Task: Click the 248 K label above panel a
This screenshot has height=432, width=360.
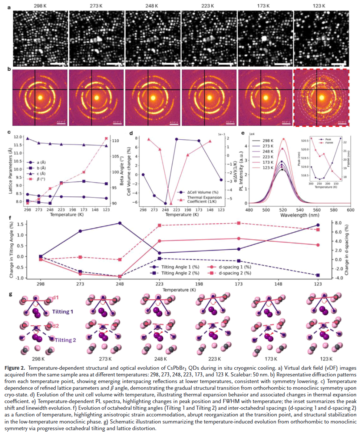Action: point(153,6)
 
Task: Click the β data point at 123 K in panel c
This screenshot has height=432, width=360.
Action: point(106,139)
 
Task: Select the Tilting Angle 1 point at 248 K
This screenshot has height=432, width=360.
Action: point(120,223)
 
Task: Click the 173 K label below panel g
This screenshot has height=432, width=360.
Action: point(268,359)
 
